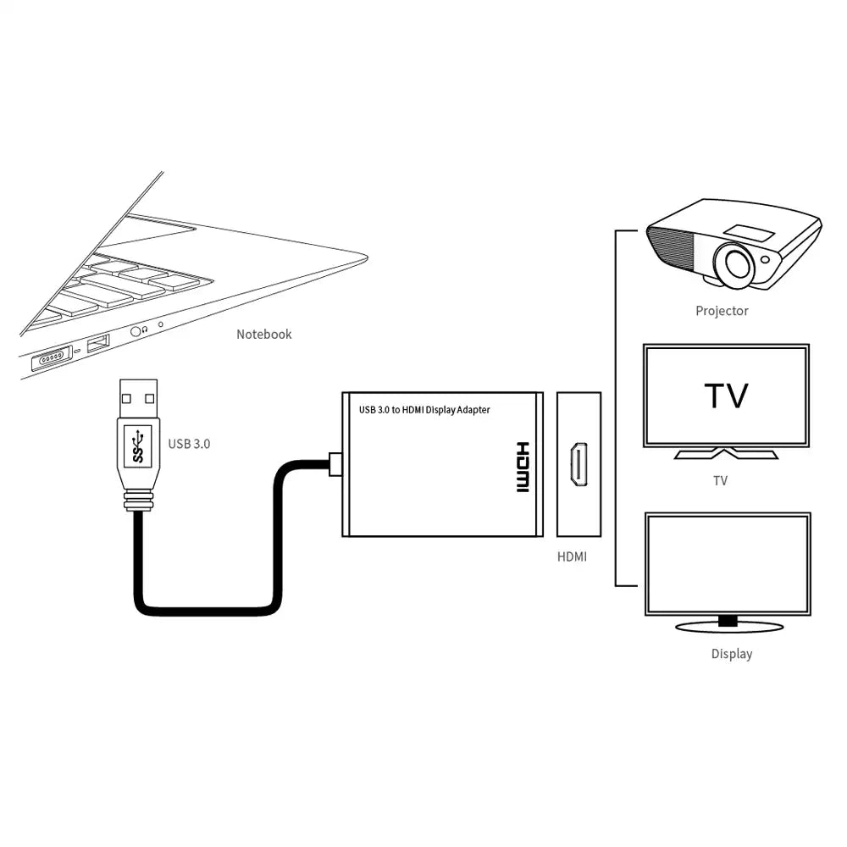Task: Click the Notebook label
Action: [263, 334]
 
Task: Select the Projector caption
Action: [722, 311]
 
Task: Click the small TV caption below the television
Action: [720, 480]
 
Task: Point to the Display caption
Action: [731, 654]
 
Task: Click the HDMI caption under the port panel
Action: [572, 556]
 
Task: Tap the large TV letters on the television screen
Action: [726, 396]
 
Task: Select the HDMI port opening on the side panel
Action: [579, 465]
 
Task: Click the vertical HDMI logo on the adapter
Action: [522, 467]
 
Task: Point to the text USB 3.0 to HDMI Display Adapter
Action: [424, 410]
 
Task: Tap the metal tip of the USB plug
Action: [137, 397]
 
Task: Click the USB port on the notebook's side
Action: [98, 343]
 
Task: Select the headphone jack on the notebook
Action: [136, 332]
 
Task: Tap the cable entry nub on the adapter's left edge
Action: [334, 463]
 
